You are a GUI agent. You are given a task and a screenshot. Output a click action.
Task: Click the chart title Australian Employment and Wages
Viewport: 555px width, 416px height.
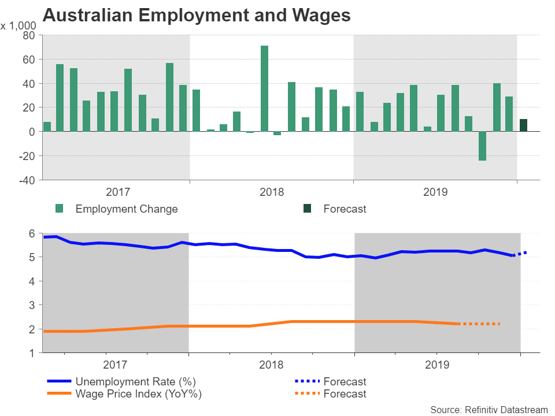click(197, 16)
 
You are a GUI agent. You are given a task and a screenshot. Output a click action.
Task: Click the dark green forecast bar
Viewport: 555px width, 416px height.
click(523, 125)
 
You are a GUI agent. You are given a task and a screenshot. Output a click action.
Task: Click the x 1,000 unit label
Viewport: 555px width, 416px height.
click(18, 25)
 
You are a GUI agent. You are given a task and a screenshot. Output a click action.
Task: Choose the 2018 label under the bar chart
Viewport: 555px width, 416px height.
click(272, 191)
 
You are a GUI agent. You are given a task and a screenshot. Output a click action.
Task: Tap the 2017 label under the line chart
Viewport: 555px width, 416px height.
click(114, 365)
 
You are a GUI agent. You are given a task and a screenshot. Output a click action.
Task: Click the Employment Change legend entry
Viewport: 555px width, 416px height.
click(126, 209)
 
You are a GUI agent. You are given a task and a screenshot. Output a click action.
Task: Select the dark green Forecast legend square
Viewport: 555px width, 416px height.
click(307, 209)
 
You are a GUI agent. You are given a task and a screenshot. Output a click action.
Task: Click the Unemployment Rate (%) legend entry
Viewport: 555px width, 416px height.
click(135, 381)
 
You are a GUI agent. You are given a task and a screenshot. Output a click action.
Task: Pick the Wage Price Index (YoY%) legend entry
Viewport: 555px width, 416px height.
click(139, 394)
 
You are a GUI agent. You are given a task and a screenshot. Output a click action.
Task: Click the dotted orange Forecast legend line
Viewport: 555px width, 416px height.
click(304, 394)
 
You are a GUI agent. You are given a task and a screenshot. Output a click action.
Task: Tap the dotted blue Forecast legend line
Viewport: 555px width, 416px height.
click(304, 381)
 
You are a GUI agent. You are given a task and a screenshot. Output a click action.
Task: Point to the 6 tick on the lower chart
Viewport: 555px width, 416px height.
click(32, 233)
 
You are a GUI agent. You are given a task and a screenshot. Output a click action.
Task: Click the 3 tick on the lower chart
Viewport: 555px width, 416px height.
click(32, 304)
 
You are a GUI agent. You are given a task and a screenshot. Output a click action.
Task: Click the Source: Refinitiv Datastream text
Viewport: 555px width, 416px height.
click(489, 410)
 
